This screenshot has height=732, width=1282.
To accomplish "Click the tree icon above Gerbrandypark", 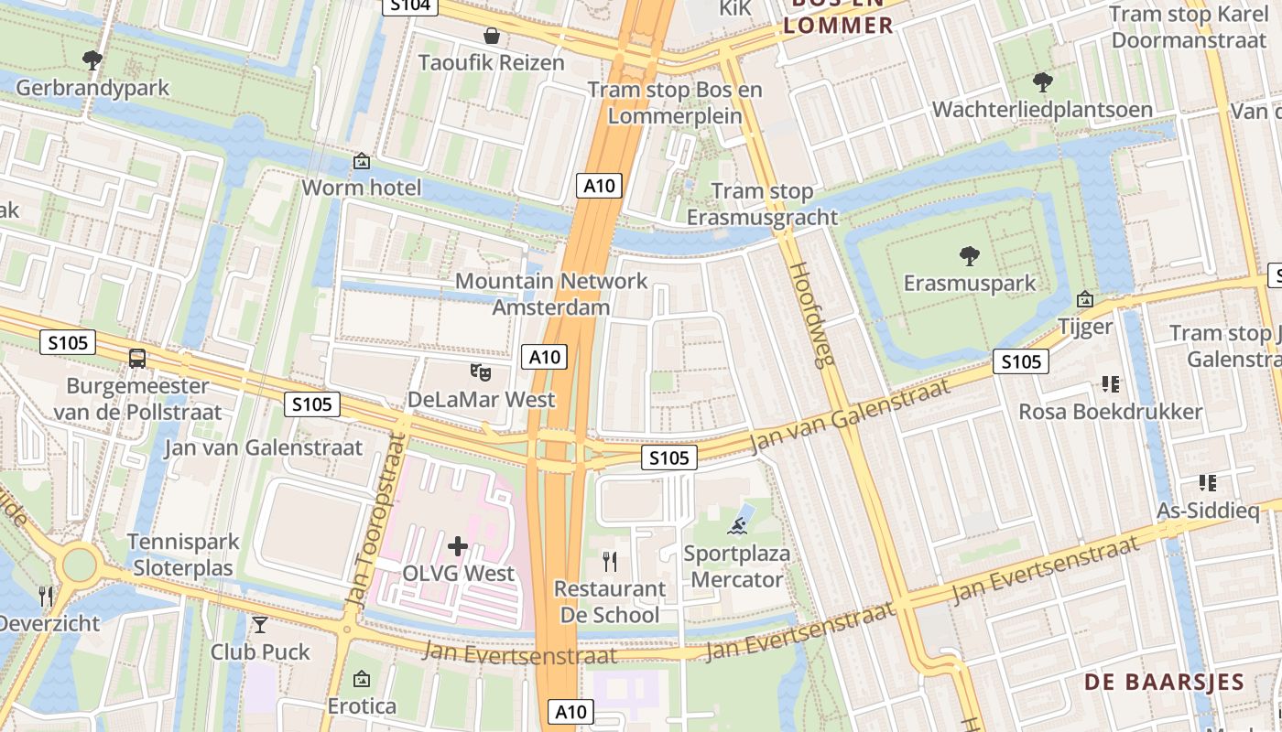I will [x=92, y=60].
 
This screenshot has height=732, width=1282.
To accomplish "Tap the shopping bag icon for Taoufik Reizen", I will [x=492, y=36].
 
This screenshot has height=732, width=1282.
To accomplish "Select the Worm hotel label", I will [x=362, y=188].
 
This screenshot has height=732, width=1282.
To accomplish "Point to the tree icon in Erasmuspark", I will [x=969, y=255].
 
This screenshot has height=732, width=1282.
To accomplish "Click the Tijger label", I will [x=1085, y=327].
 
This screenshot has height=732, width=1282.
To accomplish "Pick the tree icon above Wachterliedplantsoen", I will [x=1042, y=82].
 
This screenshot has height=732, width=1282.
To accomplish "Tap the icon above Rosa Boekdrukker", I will [x=1111, y=384].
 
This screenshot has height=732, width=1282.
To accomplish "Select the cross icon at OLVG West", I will [x=458, y=547].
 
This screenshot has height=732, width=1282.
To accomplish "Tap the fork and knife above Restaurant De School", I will [x=610, y=560].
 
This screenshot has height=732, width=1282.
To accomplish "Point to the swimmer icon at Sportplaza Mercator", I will [x=738, y=525].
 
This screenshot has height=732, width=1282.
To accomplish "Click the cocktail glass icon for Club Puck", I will [x=260, y=625].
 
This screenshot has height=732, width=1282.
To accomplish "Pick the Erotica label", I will [x=362, y=706].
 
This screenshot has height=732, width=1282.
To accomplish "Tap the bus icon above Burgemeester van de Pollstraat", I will [x=137, y=359].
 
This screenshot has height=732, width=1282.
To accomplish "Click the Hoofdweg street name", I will [x=812, y=315].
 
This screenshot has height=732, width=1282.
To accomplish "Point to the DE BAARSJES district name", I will [x=1165, y=682].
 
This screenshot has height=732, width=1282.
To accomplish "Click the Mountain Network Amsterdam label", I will [x=551, y=294].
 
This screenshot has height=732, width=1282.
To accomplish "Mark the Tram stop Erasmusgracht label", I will [x=762, y=204].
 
